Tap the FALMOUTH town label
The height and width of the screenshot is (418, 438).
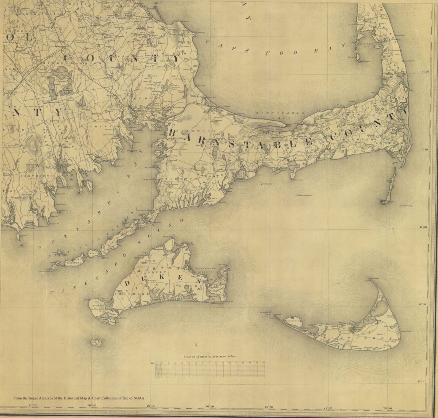(178, 179)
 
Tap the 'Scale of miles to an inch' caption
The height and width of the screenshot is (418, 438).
(210, 357)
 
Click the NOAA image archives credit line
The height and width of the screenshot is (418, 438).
(79, 398)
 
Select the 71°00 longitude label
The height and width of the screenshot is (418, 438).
(33, 405)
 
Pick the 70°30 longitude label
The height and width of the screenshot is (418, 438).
(209, 406)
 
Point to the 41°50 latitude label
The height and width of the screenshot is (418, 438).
(425, 72)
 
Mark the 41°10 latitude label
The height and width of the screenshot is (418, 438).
(421, 382)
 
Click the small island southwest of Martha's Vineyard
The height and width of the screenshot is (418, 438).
(96, 343)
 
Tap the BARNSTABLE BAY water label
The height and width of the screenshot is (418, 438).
(280, 115)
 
